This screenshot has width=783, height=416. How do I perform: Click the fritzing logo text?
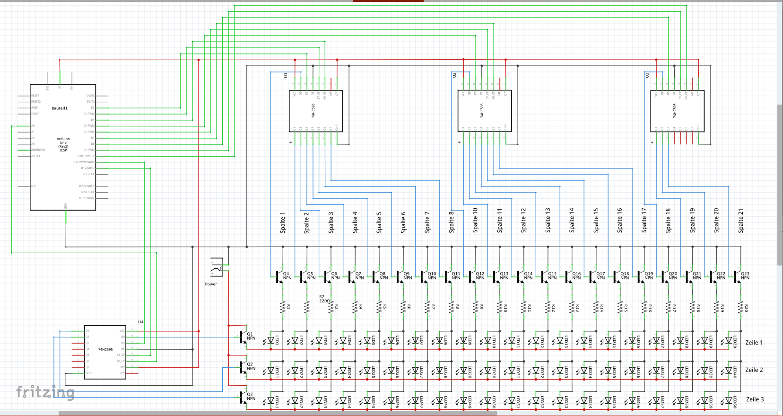click(x=45, y=392)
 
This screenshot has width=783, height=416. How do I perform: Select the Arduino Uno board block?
click(x=63, y=147)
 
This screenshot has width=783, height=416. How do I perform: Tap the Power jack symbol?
click(x=217, y=267)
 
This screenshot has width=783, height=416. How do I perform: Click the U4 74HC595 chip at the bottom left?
click(x=105, y=352)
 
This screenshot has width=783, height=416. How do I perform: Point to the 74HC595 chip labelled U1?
click(x=315, y=111)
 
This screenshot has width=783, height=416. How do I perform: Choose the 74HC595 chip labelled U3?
click(x=677, y=111)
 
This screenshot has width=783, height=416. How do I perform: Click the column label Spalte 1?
click(x=283, y=222)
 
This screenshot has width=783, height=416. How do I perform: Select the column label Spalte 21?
click(x=741, y=221)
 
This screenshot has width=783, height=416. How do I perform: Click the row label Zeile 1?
click(x=754, y=343)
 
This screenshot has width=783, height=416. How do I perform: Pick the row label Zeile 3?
click(x=755, y=399)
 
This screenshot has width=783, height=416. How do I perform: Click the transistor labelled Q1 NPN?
click(x=244, y=337)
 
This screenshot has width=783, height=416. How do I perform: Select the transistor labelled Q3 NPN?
click(x=244, y=397)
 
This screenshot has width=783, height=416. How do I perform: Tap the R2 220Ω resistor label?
click(x=324, y=299)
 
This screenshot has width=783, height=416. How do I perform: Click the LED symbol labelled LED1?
click(x=271, y=340)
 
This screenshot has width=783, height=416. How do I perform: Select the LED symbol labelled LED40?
click(x=729, y=370)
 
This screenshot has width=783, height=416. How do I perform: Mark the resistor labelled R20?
click(x=741, y=308)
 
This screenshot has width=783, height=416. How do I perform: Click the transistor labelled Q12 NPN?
click(x=473, y=276)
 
